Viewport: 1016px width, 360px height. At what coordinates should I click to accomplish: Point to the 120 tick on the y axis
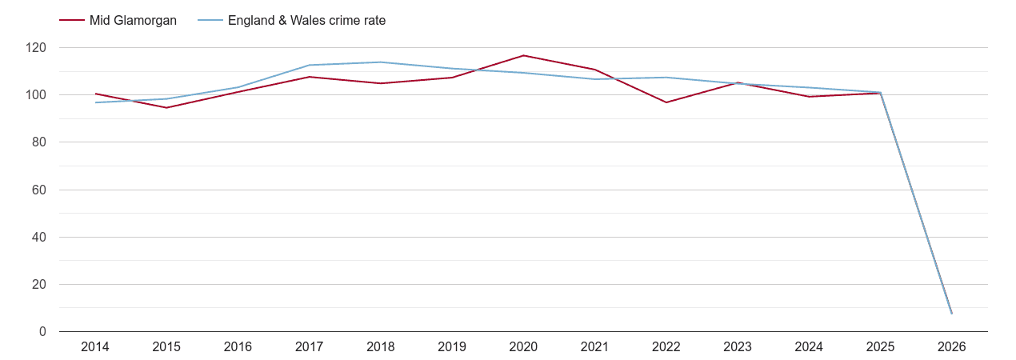(x=37, y=48)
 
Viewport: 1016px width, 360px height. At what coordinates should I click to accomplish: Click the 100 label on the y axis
(x=37, y=95)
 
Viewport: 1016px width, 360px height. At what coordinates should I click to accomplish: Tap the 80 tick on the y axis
(x=40, y=142)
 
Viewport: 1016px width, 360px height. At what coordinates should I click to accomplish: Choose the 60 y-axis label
(x=40, y=190)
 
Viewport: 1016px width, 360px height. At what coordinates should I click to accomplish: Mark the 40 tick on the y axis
(x=40, y=237)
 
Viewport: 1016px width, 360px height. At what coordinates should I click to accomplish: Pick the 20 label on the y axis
(x=40, y=284)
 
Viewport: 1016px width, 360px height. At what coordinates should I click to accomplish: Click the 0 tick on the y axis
(x=43, y=331)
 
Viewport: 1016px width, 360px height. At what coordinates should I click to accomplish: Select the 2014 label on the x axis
(x=95, y=347)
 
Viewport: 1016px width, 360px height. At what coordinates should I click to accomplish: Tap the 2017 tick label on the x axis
(x=310, y=347)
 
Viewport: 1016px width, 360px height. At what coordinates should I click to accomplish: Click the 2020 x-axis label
(x=523, y=347)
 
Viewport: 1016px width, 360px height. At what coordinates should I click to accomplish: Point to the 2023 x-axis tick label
(x=738, y=347)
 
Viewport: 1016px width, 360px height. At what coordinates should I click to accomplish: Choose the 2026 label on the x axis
(x=951, y=347)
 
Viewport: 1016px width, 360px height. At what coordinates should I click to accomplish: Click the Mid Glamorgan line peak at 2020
(x=523, y=55)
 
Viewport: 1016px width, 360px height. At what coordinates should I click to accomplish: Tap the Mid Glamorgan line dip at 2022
(x=666, y=102)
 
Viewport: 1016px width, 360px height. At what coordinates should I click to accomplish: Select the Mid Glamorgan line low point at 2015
(x=166, y=107)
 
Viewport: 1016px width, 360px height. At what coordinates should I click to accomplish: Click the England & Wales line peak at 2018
(x=381, y=62)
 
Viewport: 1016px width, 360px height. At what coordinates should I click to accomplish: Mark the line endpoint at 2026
(x=951, y=313)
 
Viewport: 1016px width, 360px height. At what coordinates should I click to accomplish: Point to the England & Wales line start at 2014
(x=95, y=102)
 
